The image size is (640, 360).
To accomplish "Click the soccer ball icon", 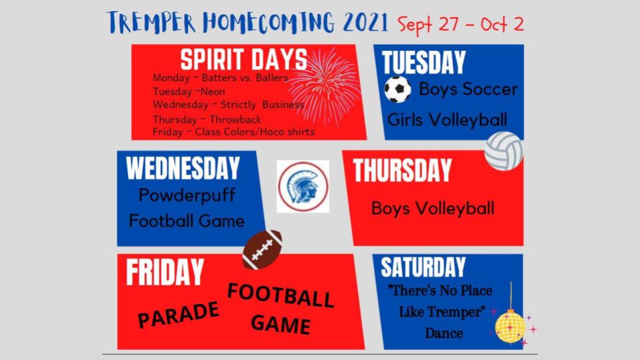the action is [x=397, y=89].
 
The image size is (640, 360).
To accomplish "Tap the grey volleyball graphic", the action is [x=504, y=151].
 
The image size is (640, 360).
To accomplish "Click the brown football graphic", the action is [x=262, y=249].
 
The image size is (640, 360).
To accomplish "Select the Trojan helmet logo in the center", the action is [x=303, y=187].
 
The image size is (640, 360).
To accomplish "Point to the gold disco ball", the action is [x=510, y=326].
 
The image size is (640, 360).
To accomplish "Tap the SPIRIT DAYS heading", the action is [x=244, y=59].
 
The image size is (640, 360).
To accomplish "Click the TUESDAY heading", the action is [x=424, y=63].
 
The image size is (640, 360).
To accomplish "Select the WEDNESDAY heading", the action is [x=183, y=168].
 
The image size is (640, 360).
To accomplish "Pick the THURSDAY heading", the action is [x=402, y=170].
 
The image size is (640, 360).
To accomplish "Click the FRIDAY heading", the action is [x=165, y=272].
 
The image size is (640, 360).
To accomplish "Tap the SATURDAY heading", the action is [x=423, y=267].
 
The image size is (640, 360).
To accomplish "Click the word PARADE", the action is [x=179, y=315].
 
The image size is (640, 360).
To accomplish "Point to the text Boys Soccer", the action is [x=469, y=89].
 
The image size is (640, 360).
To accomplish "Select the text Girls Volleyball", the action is [x=447, y=120].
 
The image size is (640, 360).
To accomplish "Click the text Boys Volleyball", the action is [x=433, y=209].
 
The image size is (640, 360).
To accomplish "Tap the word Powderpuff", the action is [x=187, y=195].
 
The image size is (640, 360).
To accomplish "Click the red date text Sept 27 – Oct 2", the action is [x=461, y=25].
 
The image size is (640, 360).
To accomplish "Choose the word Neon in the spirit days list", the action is [x=213, y=91].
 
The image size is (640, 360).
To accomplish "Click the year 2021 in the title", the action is [x=365, y=23].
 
